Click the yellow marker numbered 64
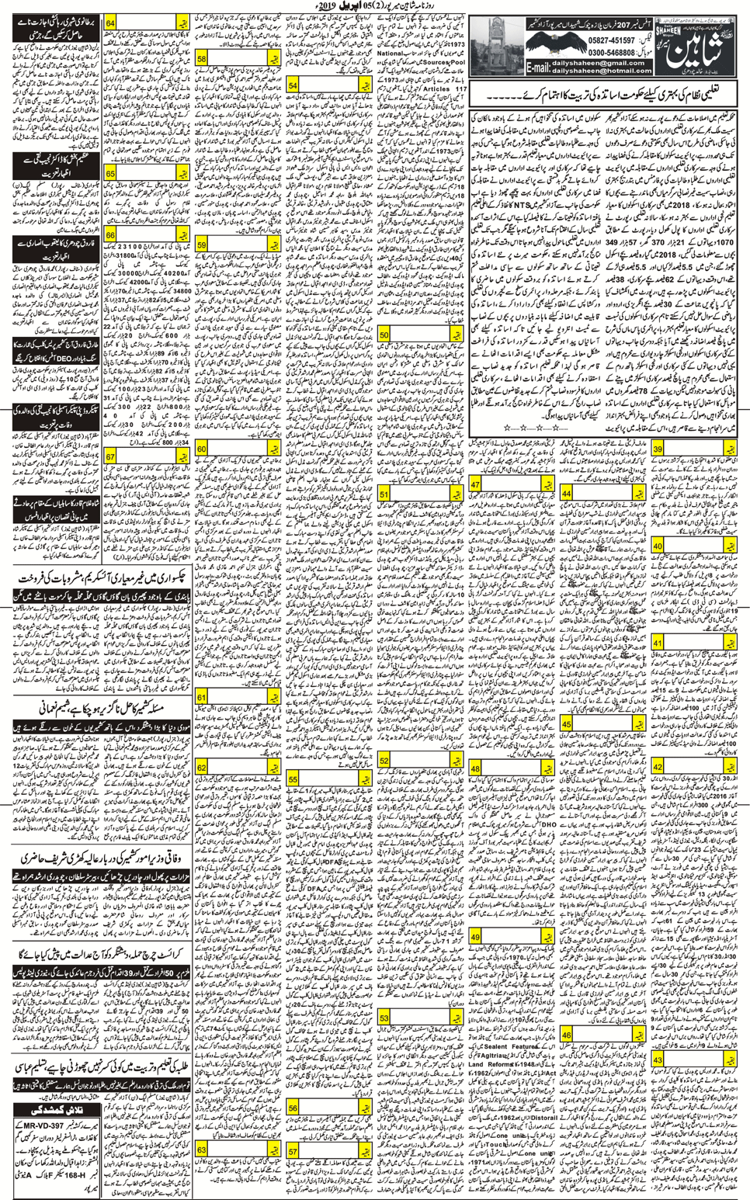(x=110, y=24)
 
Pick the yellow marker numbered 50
(x=384, y=335)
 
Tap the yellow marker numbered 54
(x=292, y=85)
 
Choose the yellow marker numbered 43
(x=657, y=1060)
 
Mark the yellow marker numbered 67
(x=110, y=457)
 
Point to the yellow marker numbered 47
(x=474, y=485)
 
